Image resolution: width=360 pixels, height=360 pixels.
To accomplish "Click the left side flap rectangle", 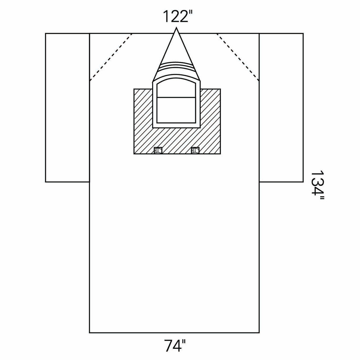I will [x=67, y=107].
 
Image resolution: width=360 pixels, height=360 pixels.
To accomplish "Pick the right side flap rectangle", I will [x=281, y=107].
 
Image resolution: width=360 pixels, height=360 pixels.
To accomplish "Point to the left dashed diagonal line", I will [x=111, y=57].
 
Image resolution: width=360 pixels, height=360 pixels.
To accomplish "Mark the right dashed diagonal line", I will [x=238, y=57].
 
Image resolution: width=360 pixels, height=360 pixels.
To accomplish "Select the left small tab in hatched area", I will [x=158, y=150].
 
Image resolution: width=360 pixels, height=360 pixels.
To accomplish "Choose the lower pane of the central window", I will [x=176, y=110].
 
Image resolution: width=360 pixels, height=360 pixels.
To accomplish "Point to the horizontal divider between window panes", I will [x=176, y=97].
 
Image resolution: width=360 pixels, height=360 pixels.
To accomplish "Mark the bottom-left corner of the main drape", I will [x=90, y=333].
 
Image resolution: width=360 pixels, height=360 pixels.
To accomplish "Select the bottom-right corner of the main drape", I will [x=259, y=333].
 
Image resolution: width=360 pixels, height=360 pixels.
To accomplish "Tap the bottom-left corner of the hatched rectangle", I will [x=134, y=154].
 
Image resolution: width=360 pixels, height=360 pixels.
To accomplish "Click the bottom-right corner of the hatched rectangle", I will [x=221, y=154].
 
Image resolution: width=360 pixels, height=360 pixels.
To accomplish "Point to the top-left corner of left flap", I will [x=46, y=34].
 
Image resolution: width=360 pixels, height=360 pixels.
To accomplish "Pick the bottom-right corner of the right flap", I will [x=303, y=181].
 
